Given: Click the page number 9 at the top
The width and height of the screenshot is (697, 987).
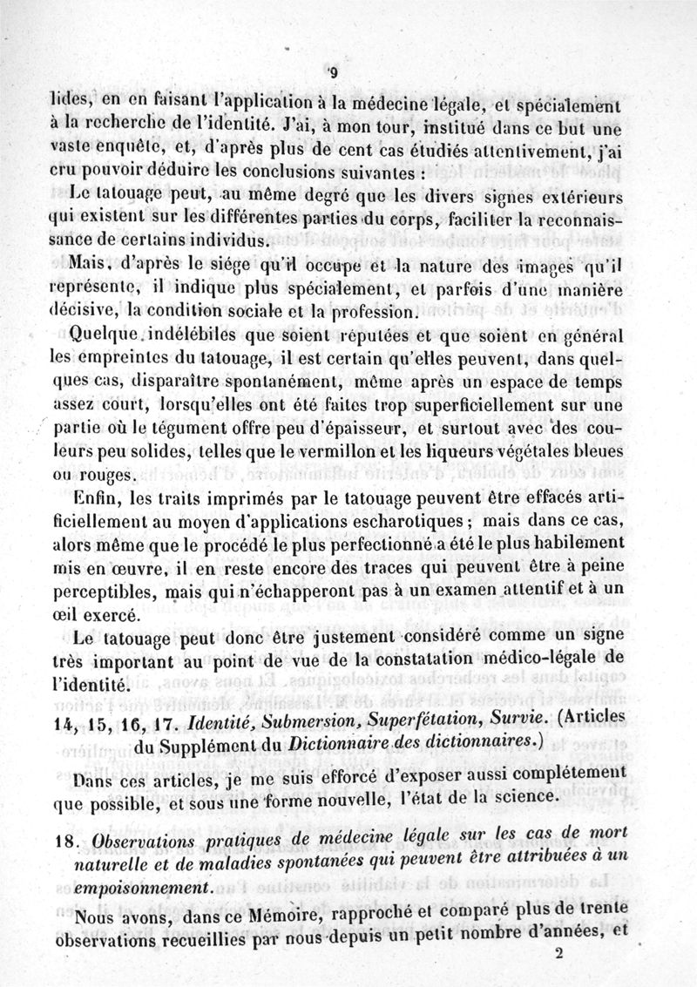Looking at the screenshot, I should tap(334, 72).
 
